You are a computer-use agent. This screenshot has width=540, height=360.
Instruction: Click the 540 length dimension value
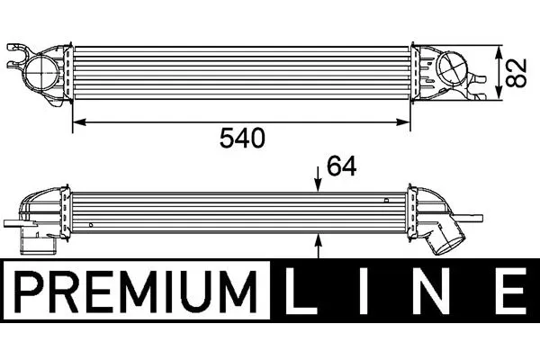(x=242, y=138)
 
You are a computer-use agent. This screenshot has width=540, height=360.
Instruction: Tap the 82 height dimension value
(x=517, y=72)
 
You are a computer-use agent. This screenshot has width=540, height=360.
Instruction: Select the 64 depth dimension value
(x=341, y=166)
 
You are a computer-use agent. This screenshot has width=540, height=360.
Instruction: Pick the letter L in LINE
(x=301, y=292)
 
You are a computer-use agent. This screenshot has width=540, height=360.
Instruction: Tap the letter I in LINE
(x=364, y=292)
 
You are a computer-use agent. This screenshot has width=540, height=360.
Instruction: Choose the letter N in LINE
(x=432, y=292)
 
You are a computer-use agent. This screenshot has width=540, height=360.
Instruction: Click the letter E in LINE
(x=511, y=292)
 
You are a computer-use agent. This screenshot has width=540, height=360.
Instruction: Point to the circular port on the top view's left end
(x=41, y=73)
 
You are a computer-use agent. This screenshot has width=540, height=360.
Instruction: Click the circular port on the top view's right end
(x=452, y=68)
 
